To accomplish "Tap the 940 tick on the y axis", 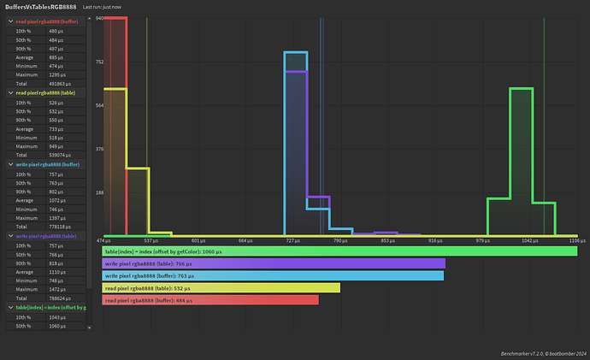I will pos(99,18).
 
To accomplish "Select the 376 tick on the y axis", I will pos(99,149).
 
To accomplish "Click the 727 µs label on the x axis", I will pos(292,240).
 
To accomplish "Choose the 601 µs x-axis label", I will pos(198,240).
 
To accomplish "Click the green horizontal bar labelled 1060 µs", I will pos(339,251).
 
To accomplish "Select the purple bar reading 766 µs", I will pos(273,263).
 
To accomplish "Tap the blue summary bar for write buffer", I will pos(273,275).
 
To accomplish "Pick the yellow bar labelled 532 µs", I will pos(221,287).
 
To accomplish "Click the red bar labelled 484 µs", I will pos(209,299).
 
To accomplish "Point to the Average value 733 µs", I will pos(56,129).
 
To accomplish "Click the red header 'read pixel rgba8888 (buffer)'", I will pos(48,21).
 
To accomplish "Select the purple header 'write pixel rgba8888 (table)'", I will pos(48,236).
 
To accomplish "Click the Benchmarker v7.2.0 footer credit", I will pos(540,353).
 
